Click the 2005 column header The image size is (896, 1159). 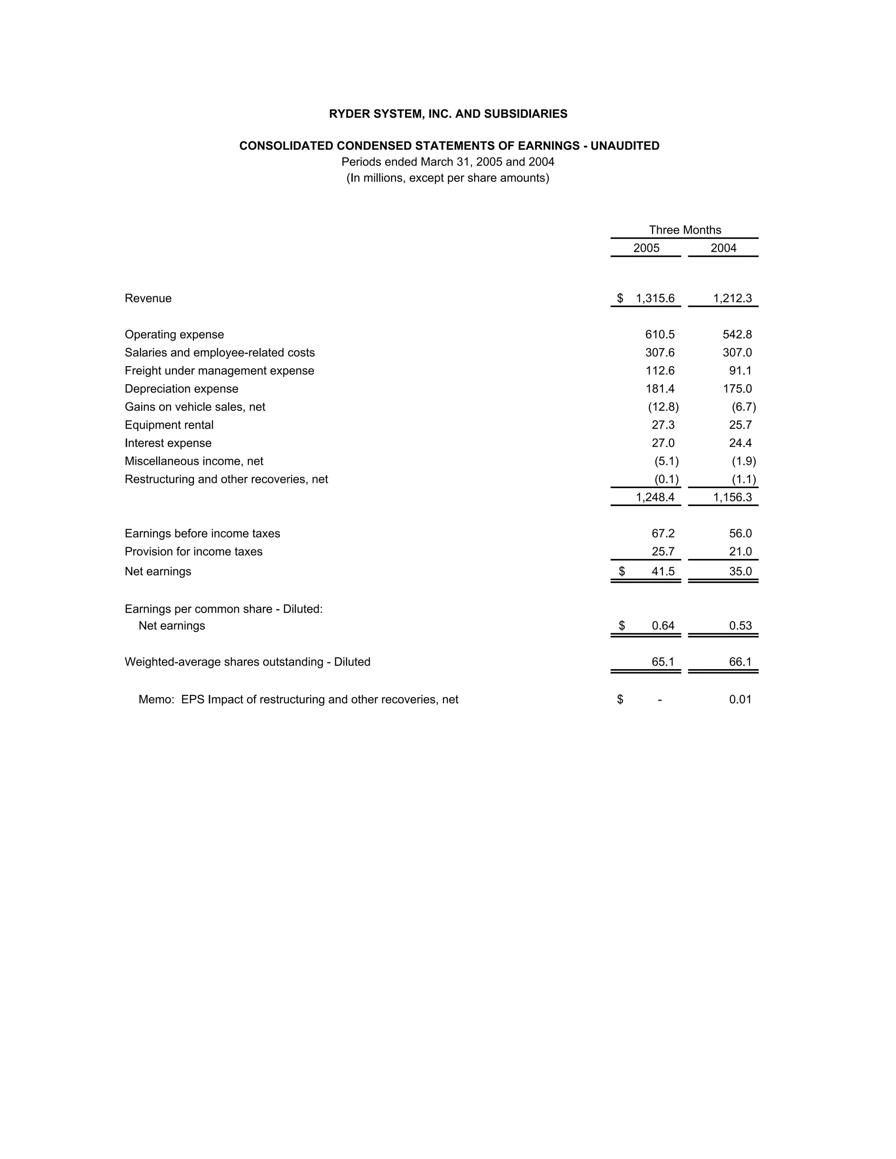click(646, 248)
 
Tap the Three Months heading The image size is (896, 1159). click(685, 230)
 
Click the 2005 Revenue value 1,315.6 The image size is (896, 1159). click(655, 298)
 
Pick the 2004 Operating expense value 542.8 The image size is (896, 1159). click(737, 334)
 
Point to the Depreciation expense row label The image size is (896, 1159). click(181, 389)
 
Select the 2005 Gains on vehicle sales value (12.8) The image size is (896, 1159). click(663, 407)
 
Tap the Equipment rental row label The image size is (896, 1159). click(169, 425)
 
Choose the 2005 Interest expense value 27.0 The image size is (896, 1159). click(663, 443)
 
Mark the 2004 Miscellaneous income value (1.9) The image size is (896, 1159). click(743, 461)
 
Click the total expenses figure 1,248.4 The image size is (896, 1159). click(655, 497)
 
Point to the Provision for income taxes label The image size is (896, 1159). click(193, 552)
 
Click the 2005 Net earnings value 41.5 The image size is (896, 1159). click(663, 572)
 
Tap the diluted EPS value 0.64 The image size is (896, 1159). click(663, 626)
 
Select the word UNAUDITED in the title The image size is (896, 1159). click(625, 146)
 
